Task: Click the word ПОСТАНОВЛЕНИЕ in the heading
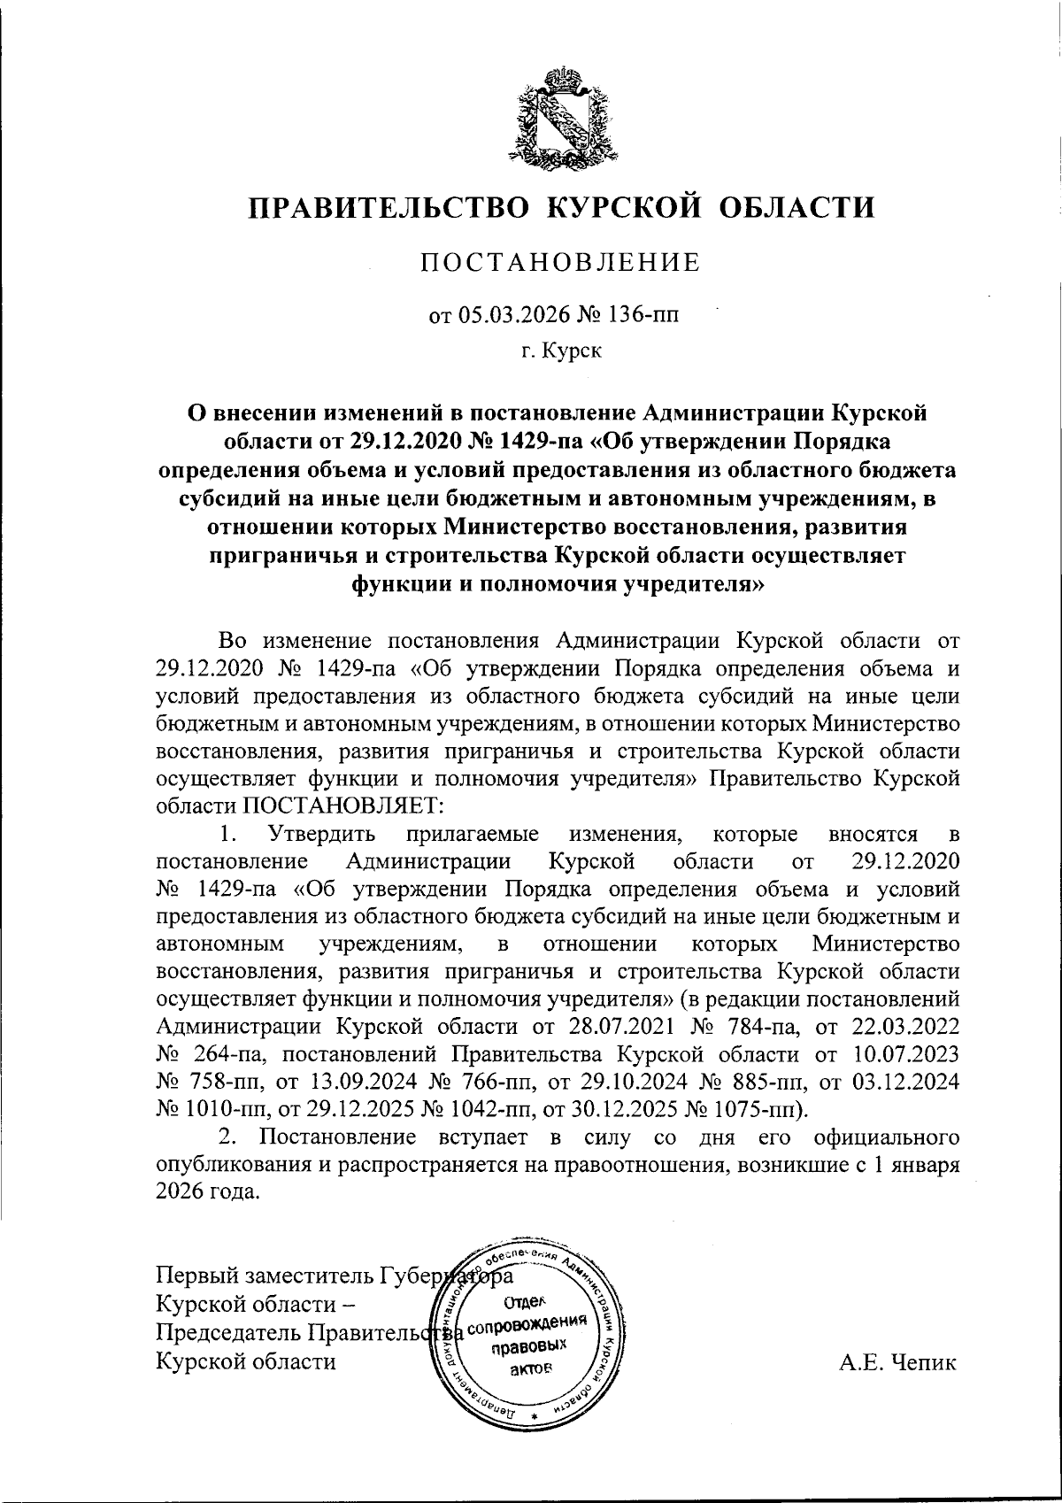(559, 262)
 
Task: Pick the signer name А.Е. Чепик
(898, 1361)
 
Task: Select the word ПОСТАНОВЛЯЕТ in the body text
(341, 805)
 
